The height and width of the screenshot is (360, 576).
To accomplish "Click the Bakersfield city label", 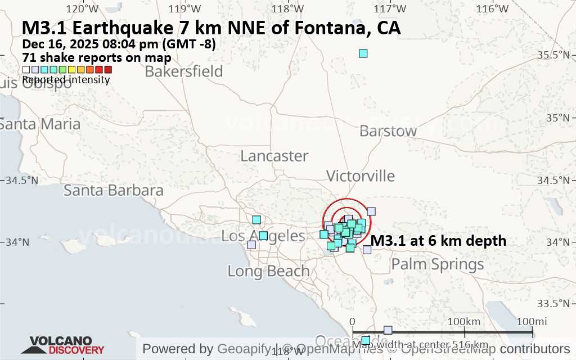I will (184, 71).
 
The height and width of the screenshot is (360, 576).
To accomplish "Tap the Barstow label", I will (388, 131).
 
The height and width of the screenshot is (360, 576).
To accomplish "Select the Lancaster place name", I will (274, 156).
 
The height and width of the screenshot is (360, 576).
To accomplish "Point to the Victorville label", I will (360, 175).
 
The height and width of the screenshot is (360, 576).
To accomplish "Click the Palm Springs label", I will (437, 264).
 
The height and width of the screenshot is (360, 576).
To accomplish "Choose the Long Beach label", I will (268, 271).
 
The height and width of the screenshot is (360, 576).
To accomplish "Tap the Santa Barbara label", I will (113, 190).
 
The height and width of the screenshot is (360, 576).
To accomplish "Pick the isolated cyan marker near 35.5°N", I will (363, 53).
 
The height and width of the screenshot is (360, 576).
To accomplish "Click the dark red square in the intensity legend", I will (108, 70).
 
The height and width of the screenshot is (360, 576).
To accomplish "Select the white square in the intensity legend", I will (26, 70).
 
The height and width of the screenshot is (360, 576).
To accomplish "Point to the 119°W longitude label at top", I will (188, 8).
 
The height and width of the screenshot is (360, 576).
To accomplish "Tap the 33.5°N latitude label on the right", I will (557, 304).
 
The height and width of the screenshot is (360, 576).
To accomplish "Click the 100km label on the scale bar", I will (464, 321).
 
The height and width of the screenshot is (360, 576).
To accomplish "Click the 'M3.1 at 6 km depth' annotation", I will (439, 241).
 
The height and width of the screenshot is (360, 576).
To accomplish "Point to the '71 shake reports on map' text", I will (97, 57).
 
